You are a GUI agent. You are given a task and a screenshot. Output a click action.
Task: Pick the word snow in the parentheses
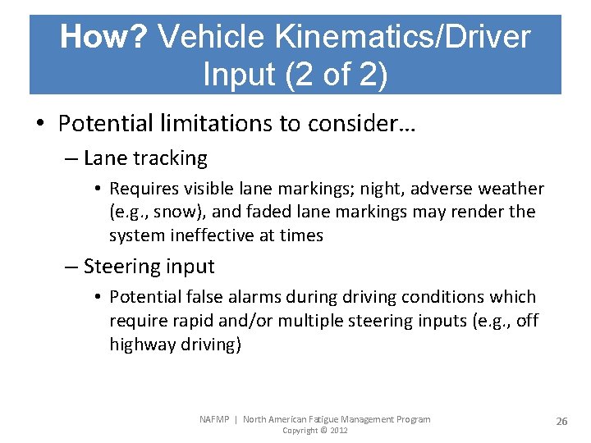(x=181, y=212)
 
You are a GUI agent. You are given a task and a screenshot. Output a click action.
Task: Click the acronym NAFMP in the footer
(x=216, y=419)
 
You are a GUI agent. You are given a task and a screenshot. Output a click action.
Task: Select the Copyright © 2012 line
(x=314, y=431)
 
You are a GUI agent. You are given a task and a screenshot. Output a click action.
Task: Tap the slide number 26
(x=561, y=421)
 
